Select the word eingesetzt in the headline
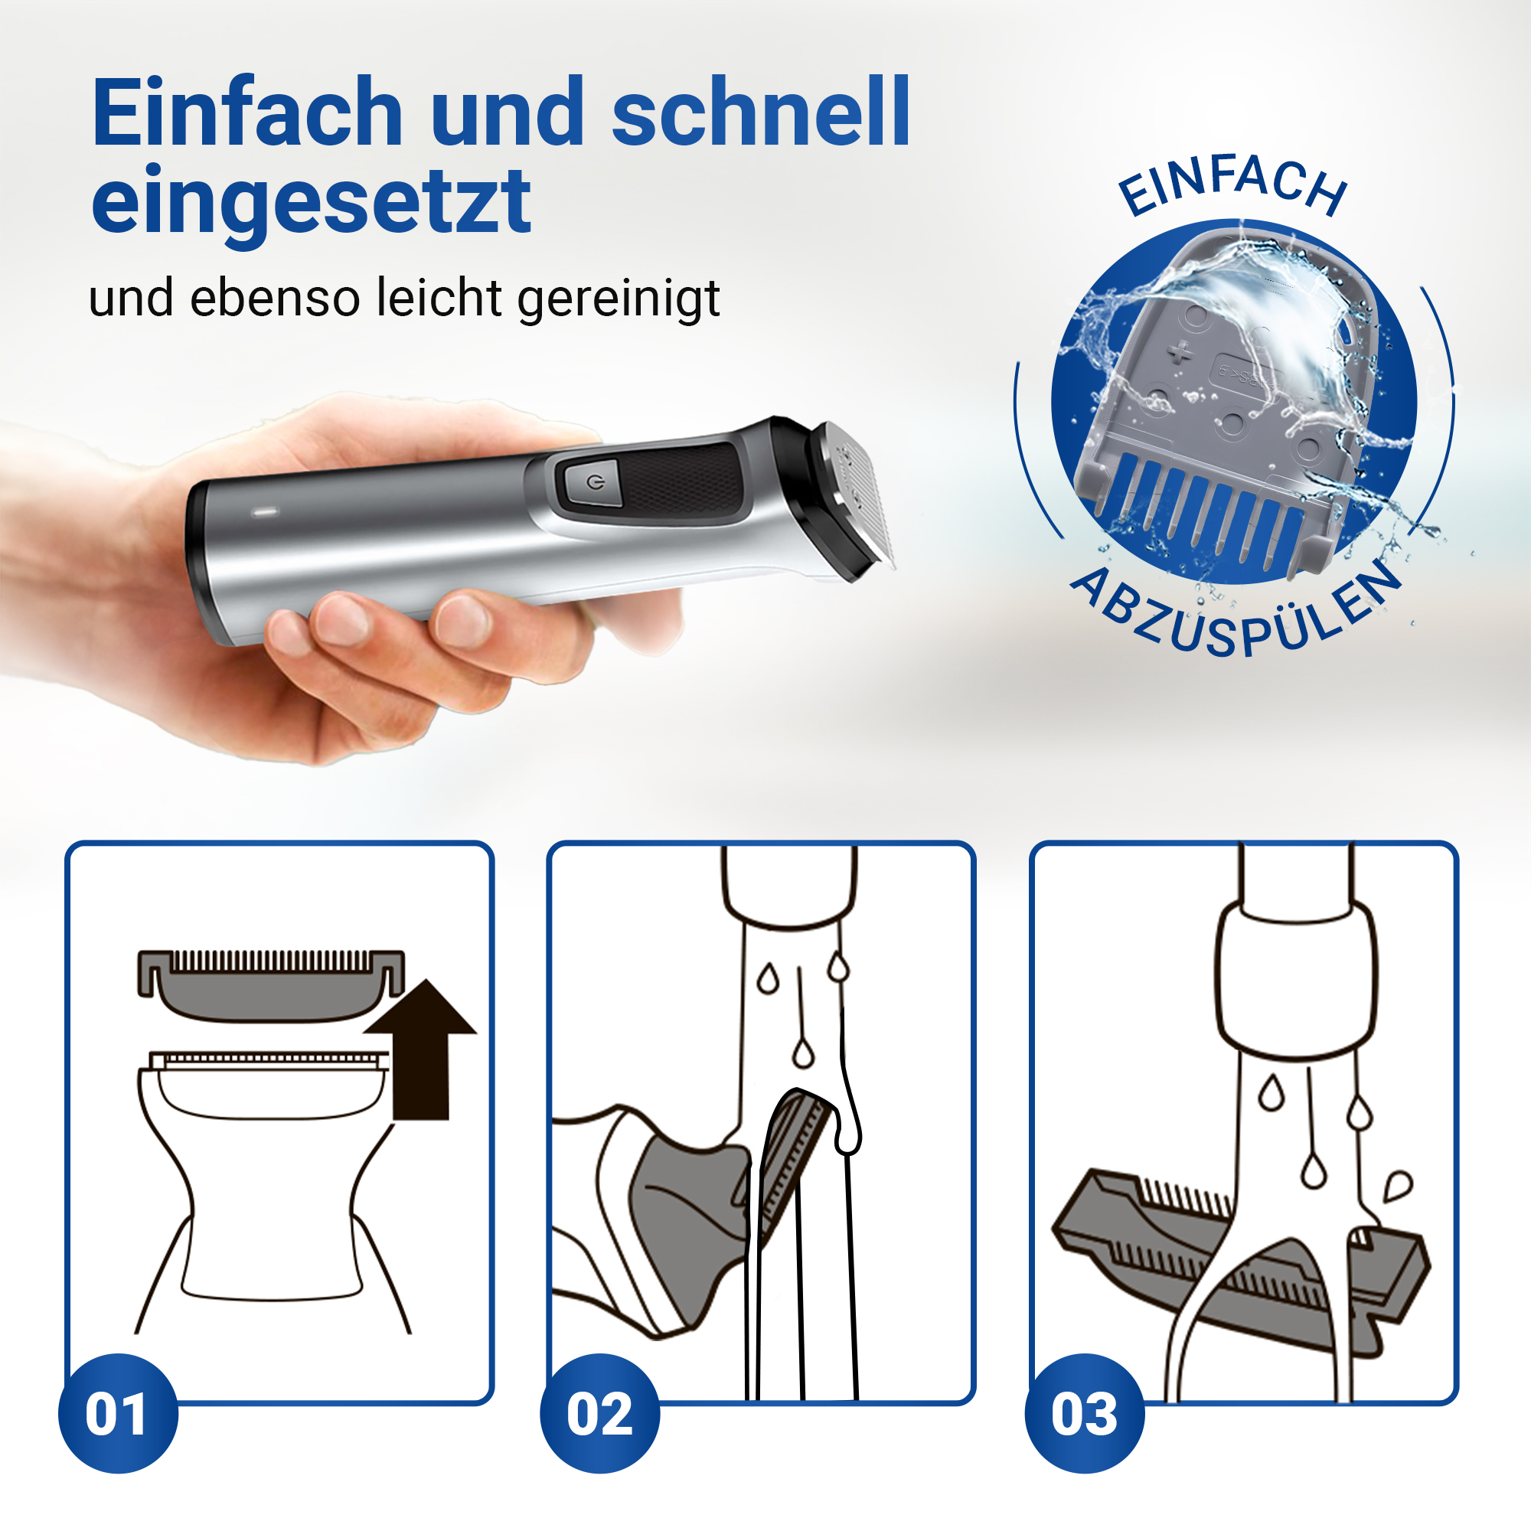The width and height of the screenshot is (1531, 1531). coord(311,203)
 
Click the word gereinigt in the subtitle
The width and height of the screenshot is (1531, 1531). coord(618,300)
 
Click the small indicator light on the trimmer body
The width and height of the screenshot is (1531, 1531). coord(265,513)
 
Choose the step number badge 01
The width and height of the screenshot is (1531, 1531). coord(118,1414)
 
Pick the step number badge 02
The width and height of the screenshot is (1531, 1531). coord(600,1414)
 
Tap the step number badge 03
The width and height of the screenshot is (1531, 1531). coord(1084,1414)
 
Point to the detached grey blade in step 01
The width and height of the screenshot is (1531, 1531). coord(271,986)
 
